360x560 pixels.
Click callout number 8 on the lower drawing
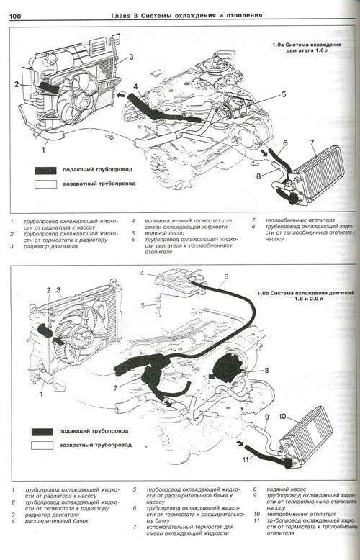[266, 371]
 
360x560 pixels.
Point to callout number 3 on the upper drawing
[131, 56]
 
